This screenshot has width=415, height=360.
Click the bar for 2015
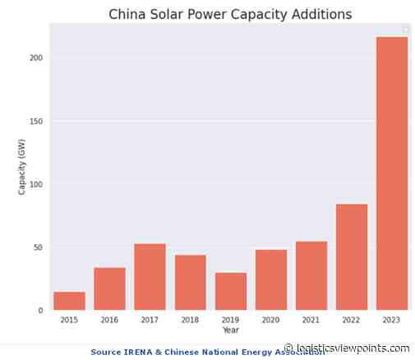[69, 301]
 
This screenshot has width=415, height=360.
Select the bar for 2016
[109, 288]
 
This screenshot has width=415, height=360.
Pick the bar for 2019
[231, 291]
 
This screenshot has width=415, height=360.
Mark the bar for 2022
[352, 256]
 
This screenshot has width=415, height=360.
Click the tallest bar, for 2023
[392, 173]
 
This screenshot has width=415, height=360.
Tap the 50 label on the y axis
[39, 247]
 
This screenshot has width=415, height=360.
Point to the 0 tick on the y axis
[41, 311]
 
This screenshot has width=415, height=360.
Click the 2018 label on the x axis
[190, 321]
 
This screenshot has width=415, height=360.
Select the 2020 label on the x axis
[271, 321]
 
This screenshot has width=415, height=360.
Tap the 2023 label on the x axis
[392, 321]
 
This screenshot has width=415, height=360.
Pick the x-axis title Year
[230, 330]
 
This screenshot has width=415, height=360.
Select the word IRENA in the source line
[141, 352]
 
